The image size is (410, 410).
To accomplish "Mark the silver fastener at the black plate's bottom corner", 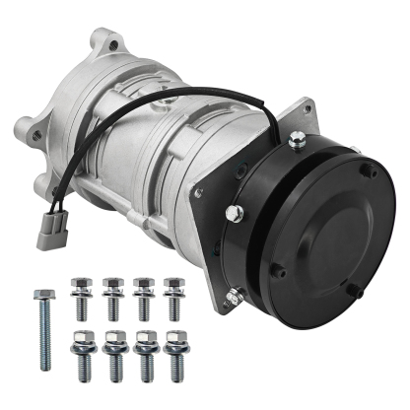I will (234, 292).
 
